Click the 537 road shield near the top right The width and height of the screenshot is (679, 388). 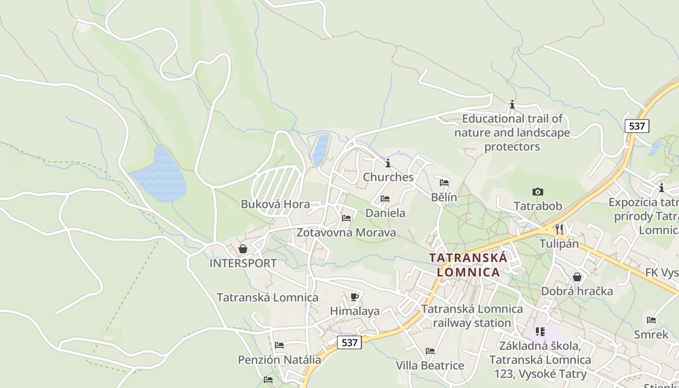[x=636, y=126]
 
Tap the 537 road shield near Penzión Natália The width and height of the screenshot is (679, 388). [x=349, y=342]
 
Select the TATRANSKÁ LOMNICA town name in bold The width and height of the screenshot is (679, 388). [x=468, y=265]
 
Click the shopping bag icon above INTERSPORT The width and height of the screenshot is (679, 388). [x=243, y=249]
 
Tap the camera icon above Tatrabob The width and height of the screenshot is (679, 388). [x=537, y=192]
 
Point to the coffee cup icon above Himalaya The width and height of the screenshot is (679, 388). [x=355, y=296]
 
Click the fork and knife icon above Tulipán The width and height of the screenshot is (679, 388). [x=559, y=229]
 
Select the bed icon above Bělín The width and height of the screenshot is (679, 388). [x=444, y=183]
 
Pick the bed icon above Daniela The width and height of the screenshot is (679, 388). [x=385, y=198]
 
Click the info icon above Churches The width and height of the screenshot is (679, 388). [x=388, y=163]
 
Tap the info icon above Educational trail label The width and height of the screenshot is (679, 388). [x=512, y=104]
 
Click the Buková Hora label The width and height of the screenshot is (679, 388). [x=275, y=204]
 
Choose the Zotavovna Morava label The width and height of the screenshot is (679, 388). [x=346, y=233]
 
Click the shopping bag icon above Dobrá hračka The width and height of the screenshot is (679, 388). [x=577, y=277]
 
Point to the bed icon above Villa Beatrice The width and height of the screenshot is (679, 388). [x=430, y=351]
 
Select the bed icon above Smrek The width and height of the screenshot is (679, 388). [x=651, y=320]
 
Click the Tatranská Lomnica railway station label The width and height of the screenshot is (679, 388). [x=472, y=316]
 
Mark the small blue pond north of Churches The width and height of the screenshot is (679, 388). [x=320, y=150]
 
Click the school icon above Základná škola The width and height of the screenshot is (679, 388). [x=540, y=332]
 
